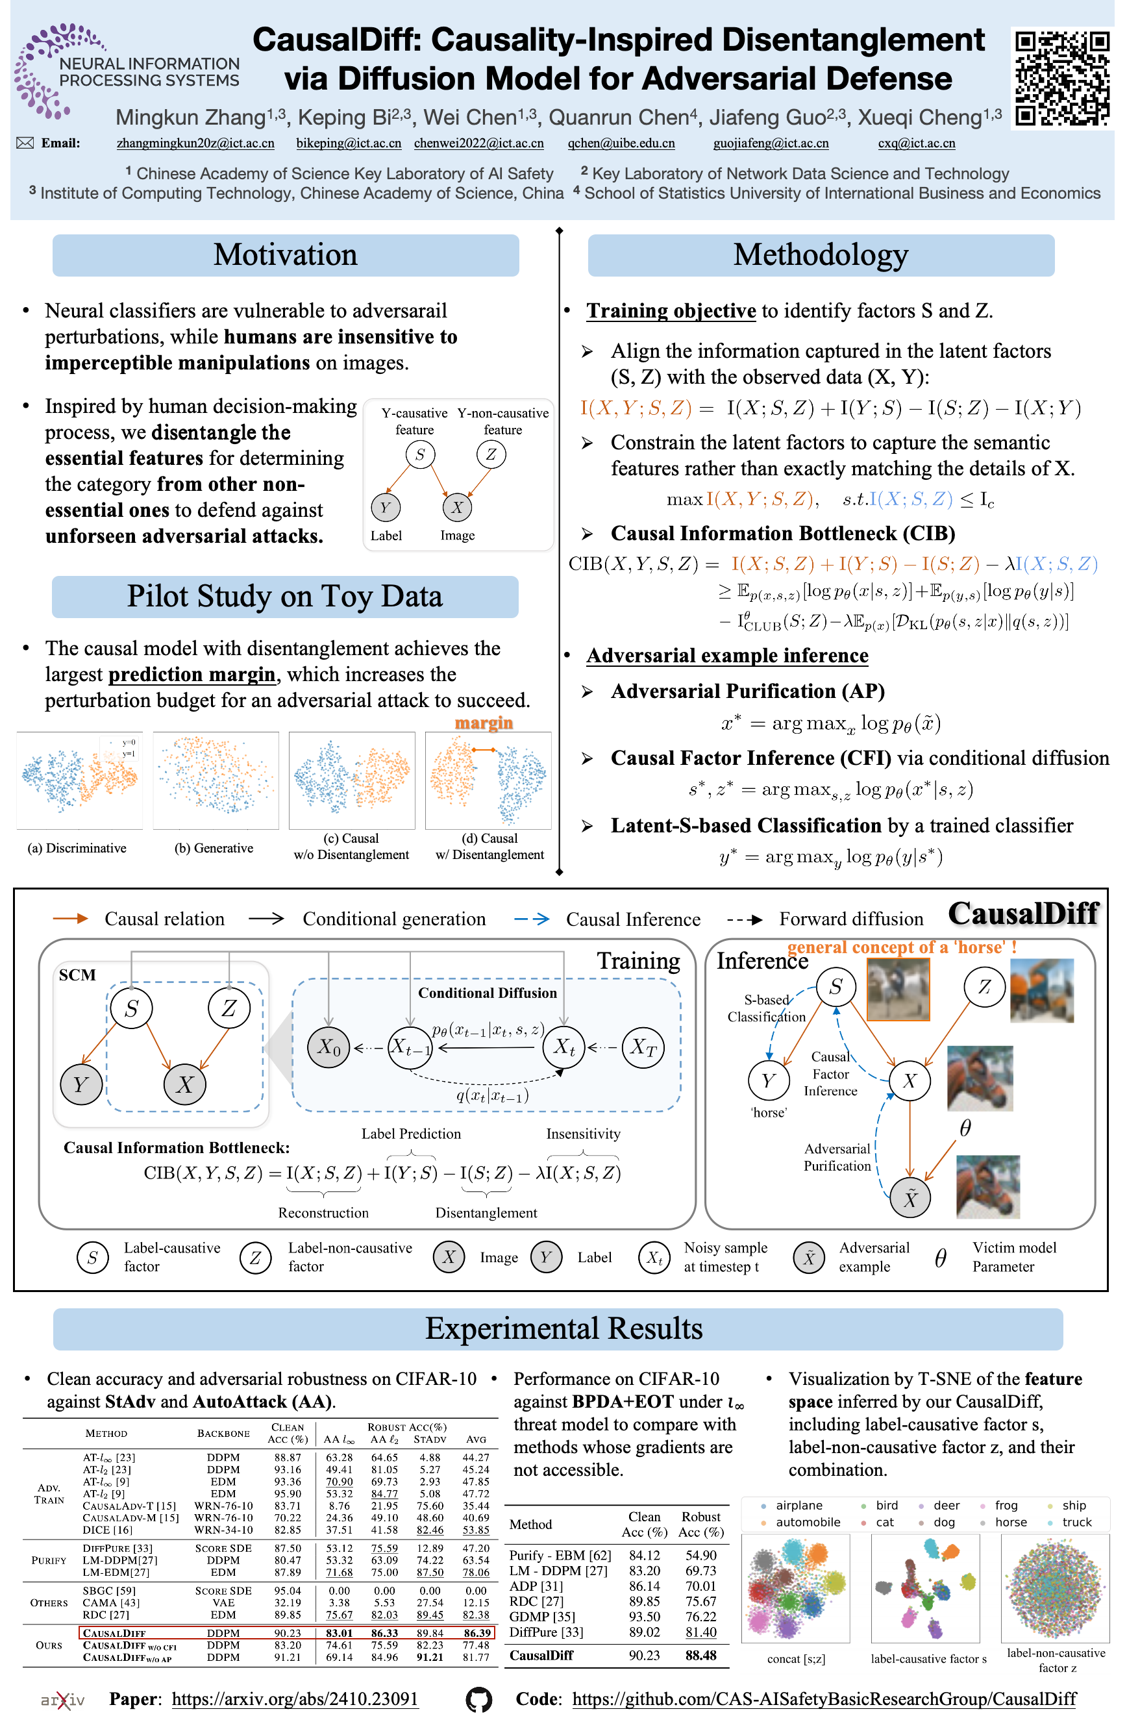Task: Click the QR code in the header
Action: click(1061, 78)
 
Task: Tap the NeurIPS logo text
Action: click(149, 72)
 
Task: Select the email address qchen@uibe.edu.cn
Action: click(621, 143)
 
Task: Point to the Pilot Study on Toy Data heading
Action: click(284, 597)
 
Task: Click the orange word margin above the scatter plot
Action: click(483, 723)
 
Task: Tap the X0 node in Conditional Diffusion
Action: click(328, 1047)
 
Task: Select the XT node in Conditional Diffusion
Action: click(643, 1047)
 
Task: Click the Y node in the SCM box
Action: click(81, 1084)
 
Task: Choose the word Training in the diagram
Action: click(638, 961)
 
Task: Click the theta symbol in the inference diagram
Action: click(965, 1128)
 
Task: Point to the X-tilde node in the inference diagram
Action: click(910, 1199)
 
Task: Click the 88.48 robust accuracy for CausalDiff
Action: click(700, 1655)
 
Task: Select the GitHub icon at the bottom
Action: click(478, 1700)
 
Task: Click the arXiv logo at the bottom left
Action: click(63, 1700)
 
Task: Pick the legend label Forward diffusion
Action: click(850, 919)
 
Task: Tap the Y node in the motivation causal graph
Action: click(385, 508)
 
